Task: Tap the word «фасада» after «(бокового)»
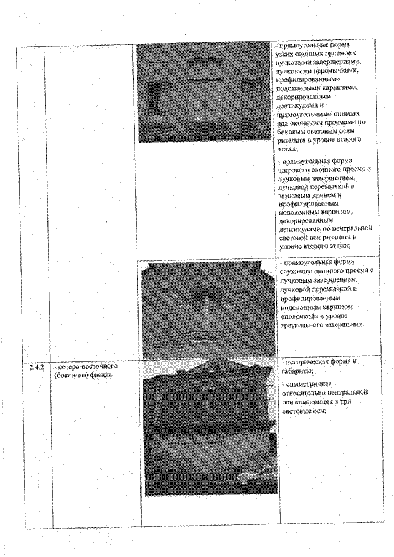97,375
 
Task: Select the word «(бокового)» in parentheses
68,375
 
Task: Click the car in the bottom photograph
254,476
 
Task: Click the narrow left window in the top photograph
153,98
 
